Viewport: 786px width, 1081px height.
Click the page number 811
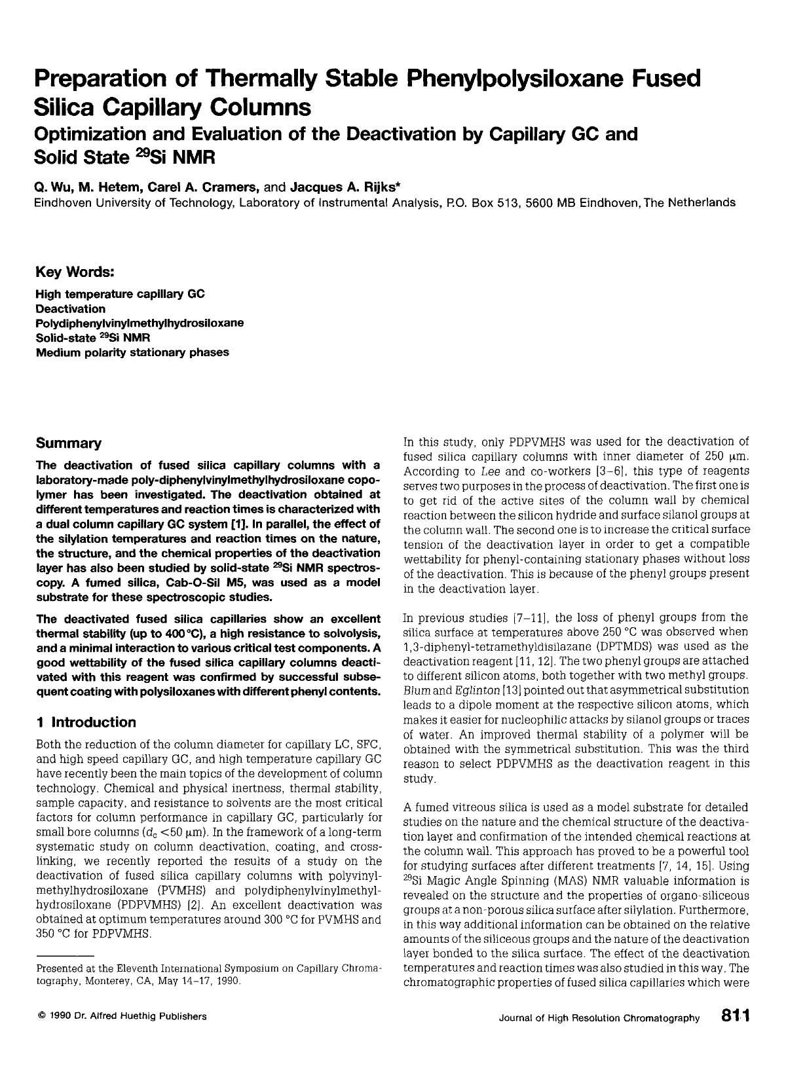pos(735,1016)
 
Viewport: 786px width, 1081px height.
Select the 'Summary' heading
pos(68,443)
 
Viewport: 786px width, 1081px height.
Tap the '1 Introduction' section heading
pos(86,722)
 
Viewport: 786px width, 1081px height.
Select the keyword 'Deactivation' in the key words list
pos(70,308)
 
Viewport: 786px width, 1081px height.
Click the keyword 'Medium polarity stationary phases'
pos(132,352)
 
